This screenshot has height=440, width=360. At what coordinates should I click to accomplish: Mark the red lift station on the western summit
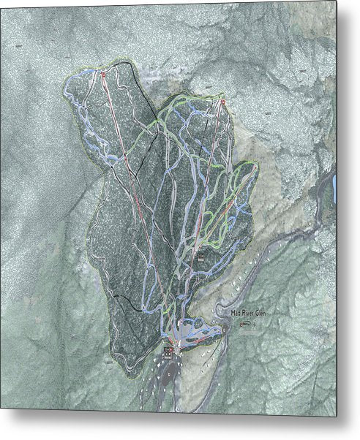(103, 74)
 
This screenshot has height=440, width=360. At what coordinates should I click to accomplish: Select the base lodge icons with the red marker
(169, 352)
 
